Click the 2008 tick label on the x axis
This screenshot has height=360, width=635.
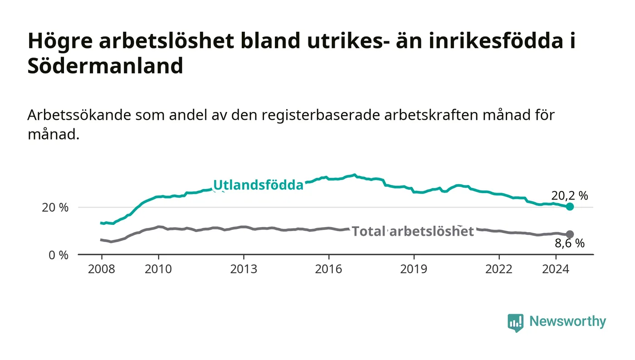point(102,269)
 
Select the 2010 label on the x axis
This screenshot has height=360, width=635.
point(158,269)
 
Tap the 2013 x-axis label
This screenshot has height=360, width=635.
point(244,269)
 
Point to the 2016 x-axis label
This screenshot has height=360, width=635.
point(328,269)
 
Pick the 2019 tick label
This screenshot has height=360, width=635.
point(414,269)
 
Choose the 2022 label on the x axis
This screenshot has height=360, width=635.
point(499,269)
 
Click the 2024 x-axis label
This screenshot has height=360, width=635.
point(556,269)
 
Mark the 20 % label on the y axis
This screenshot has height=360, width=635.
point(55,208)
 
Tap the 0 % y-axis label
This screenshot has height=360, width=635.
point(59,255)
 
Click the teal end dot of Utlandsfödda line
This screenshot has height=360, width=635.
point(570,207)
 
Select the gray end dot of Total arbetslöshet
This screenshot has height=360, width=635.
point(570,234)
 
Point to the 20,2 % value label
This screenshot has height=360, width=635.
point(570,195)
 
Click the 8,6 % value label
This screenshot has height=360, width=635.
point(570,243)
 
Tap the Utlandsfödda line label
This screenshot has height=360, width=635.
point(258,185)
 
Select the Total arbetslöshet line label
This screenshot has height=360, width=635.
point(413,231)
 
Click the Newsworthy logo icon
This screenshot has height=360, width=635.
point(515,322)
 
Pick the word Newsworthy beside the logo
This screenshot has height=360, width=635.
point(567,321)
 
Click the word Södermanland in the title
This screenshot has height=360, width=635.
point(105,65)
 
